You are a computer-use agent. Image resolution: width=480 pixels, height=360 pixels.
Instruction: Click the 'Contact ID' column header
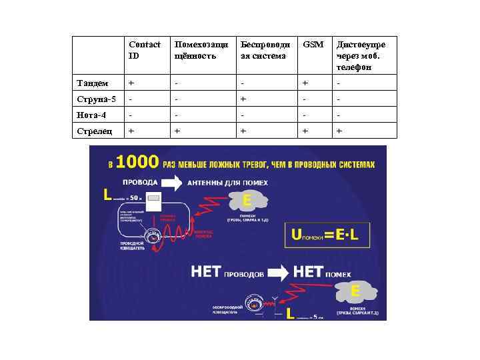click(x=145, y=50)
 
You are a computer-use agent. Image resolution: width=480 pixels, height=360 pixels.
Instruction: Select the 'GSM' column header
click(x=313, y=45)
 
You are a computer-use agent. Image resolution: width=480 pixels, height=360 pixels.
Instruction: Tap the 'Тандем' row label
click(x=92, y=83)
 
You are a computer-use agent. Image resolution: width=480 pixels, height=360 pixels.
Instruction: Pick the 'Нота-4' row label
click(x=91, y=115)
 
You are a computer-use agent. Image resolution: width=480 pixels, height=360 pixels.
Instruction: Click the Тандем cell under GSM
click(x=305, y=83)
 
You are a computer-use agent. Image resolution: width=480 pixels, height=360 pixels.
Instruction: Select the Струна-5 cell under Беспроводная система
click(x=244, y=99)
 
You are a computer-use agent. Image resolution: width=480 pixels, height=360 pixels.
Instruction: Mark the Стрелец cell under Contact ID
click(x=131, y=131)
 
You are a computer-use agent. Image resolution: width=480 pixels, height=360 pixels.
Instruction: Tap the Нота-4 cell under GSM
click(x=305, y=115)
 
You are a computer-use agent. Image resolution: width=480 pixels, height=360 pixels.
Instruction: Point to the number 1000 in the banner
click(x=137, y=163)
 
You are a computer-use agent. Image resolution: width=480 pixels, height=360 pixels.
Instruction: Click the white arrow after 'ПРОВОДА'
click(x=171, y=182)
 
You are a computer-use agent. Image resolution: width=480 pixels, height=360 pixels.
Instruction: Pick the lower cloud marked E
click(x=357, y=292)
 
